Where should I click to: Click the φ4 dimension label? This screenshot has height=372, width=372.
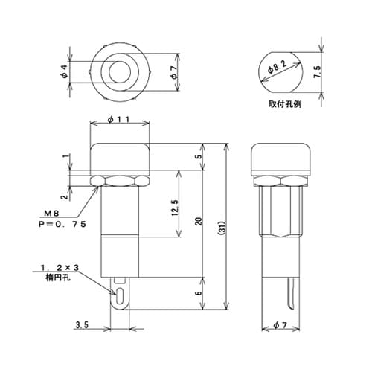pyautogui.click(x=64, y=71)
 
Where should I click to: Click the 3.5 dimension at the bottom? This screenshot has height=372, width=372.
pyautogui.click(x=83, y=326)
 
